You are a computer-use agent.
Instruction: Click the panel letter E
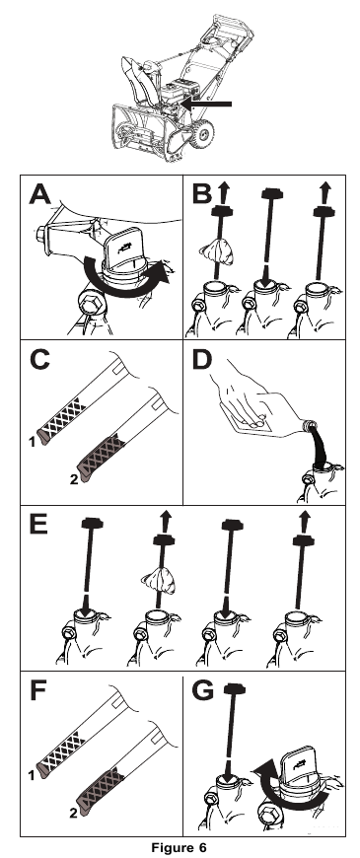pos(38,526)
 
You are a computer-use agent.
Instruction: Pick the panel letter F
pos(37,690)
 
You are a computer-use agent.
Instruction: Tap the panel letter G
pos(202,691)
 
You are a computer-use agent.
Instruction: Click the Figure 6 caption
pos(180,848)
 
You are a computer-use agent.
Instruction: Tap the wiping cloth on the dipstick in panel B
pos(216,251)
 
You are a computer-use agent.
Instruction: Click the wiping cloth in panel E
pos(159,582)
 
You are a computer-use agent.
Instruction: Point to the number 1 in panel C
pos(33,441)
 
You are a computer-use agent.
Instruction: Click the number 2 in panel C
pos(74,480)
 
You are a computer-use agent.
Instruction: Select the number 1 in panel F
pos(33,775)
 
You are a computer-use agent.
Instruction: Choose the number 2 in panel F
pos(73,814)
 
